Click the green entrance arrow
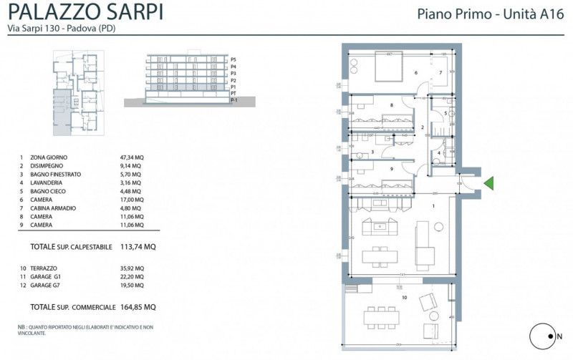coord(489,184)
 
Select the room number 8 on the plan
coord(392,106)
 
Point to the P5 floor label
coord(233,59)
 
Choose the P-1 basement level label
coord(233,102)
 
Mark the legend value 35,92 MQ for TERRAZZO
coord(132,268)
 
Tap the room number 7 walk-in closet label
coord(440,73)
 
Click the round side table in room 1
coord(433,316)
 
